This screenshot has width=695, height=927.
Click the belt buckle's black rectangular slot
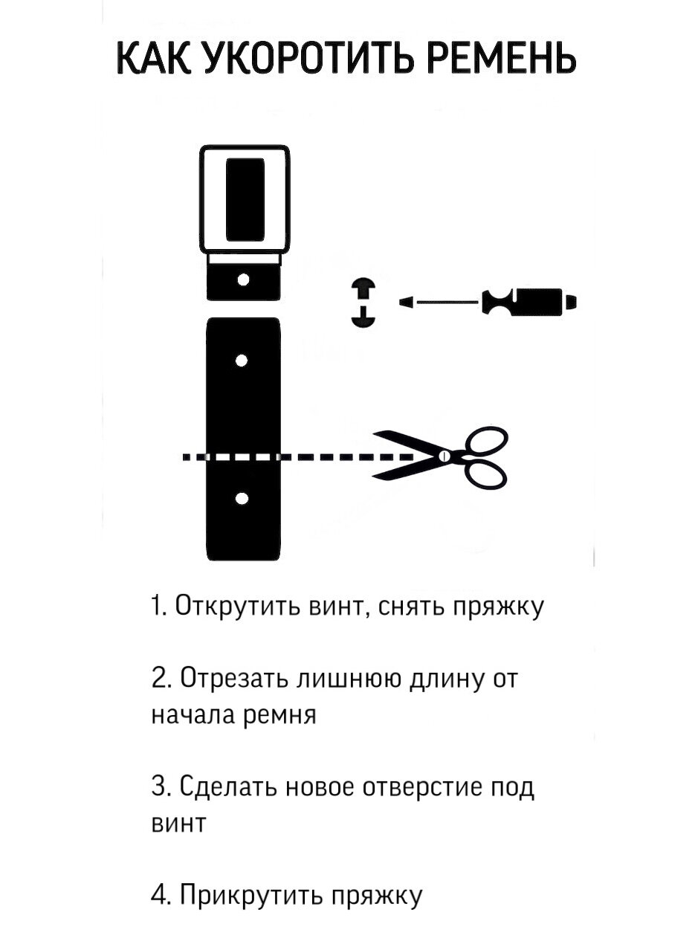(245, 199)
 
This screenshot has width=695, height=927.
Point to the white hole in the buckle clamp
(242, 280)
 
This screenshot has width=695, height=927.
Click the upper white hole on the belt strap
(241, 361)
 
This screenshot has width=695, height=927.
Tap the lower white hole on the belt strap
(241, 497)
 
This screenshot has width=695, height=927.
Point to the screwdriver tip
(407, 302)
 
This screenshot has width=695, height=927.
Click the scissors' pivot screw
(445, 456)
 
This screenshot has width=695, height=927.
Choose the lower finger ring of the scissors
(487, 474)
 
